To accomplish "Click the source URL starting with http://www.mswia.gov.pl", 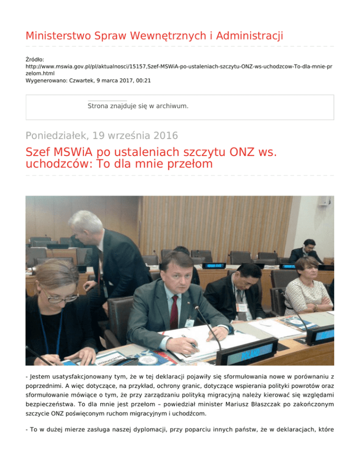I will [x=178, y=67].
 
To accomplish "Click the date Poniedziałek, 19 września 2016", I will [x=102, y=136].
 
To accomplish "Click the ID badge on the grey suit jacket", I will [x=190, y=323].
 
